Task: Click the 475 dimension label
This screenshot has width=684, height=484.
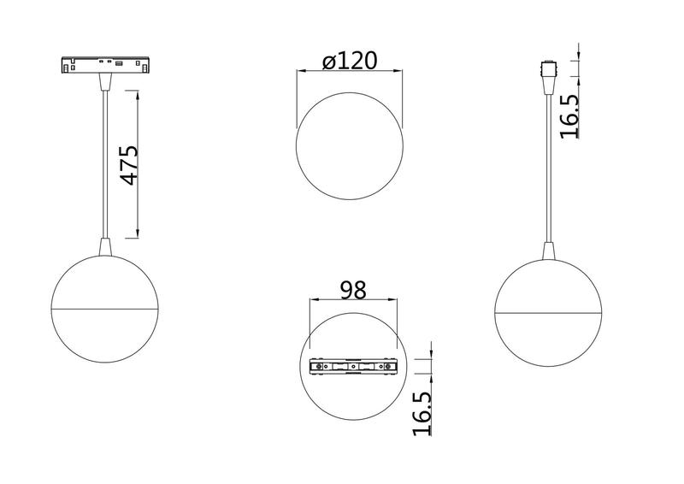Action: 128,165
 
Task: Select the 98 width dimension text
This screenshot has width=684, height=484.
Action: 352,290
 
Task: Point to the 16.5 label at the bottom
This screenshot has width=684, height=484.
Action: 422,413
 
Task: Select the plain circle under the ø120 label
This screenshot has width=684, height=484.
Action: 349,147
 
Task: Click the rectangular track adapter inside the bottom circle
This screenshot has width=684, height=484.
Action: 354,367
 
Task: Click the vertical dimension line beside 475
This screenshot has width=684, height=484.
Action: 138,162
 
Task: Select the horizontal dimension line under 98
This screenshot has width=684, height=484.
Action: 353,300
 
